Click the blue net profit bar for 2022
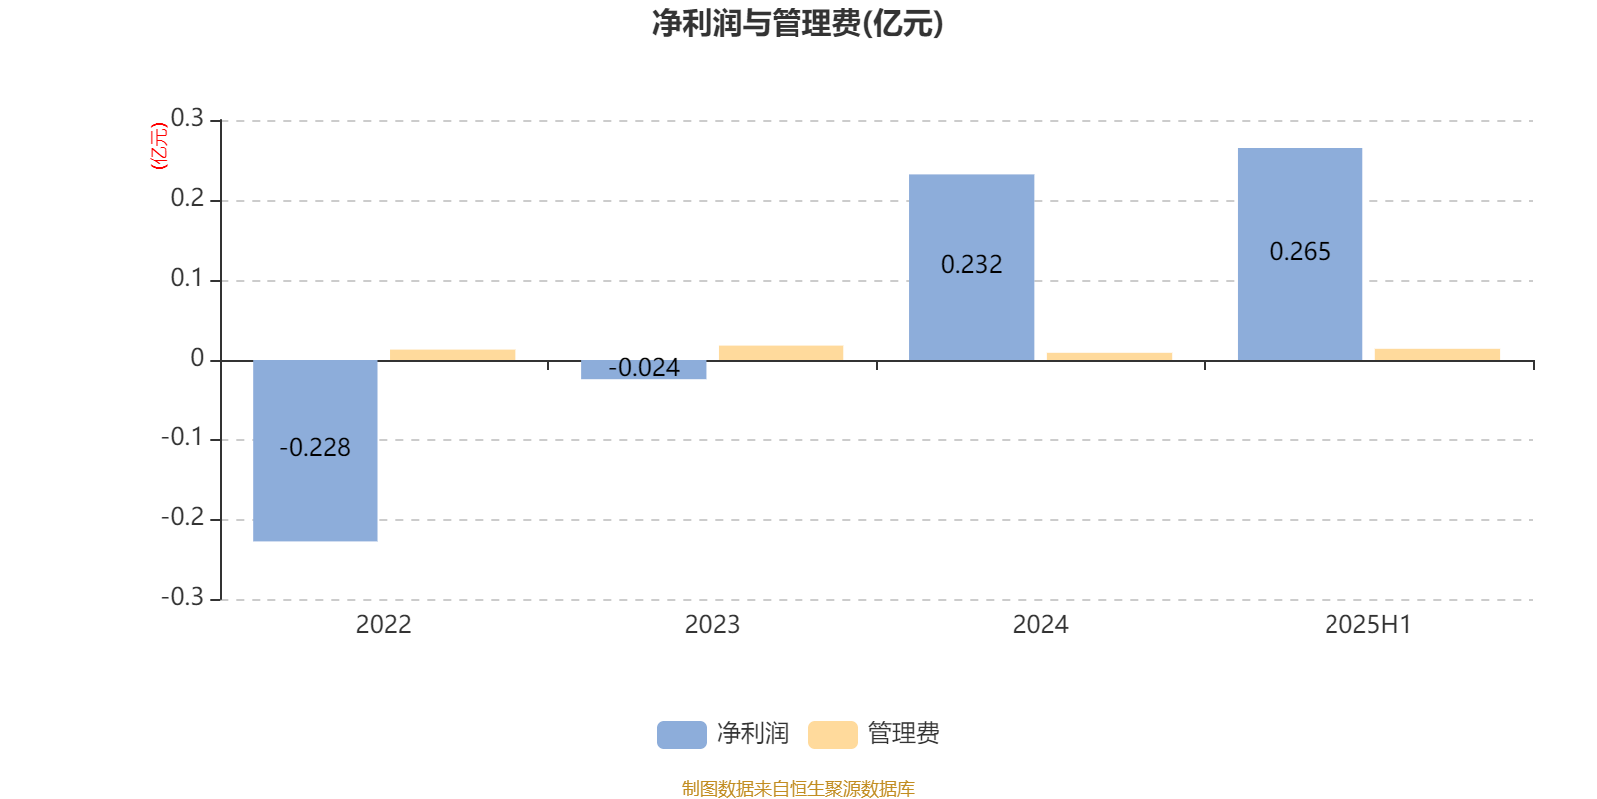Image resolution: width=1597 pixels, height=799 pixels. [x=315, y=450]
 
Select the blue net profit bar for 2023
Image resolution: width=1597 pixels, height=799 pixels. [x=643, y=370]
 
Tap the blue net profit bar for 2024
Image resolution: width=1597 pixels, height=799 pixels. [x=972, y=267]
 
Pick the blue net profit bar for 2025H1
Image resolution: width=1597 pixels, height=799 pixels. [x=1300, y=254]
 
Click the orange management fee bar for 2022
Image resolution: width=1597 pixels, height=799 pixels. [x=453, y=355]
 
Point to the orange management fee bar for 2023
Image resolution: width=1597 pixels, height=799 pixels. [x=781, y=353]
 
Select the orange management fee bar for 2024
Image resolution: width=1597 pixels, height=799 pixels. [x=1109, y=356]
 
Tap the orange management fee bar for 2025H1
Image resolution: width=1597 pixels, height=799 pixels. [x=1437, y=354]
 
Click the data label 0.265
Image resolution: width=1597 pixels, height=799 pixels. [x=1300, y=251]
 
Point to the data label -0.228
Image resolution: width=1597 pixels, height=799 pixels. [x=315, y=448]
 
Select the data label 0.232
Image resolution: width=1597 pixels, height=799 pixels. [x=972, y=264]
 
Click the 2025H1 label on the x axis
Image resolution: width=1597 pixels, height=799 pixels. [x=1368, y=625]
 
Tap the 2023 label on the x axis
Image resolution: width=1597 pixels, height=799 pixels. [x=712, y=625]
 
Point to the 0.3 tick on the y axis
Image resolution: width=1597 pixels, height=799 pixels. [x=187, y=118]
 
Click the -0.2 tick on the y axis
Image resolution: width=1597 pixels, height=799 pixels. [x=183, y=517]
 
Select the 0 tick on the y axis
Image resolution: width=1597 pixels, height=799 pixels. [x=197, y=358]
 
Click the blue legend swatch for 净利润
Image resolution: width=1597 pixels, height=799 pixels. [x=682, y=735]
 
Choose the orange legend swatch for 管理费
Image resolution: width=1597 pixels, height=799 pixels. [x=832, y=735]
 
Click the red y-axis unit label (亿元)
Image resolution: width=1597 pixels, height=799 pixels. [x=159, y=146]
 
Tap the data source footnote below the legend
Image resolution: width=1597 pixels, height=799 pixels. [x=798, y=788]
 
